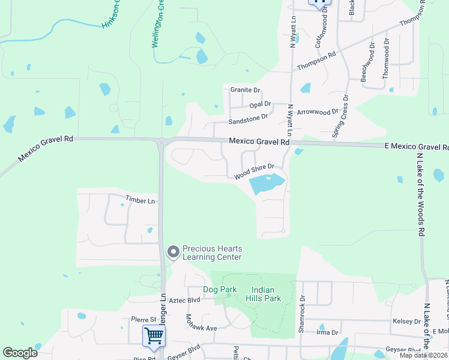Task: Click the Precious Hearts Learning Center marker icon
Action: point(173,252)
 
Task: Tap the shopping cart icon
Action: point(154,337)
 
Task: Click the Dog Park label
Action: point(220,289)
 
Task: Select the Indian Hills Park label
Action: point(262,294)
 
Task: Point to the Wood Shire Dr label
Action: point(254,171)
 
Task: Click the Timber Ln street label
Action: point(140,199)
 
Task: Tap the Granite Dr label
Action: point(245,90)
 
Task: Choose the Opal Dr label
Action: point(261,104)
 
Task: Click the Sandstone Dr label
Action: point(247,118)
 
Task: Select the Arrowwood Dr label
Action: point(318,112)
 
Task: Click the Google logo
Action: point(20,353)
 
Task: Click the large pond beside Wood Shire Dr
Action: point(265,184)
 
